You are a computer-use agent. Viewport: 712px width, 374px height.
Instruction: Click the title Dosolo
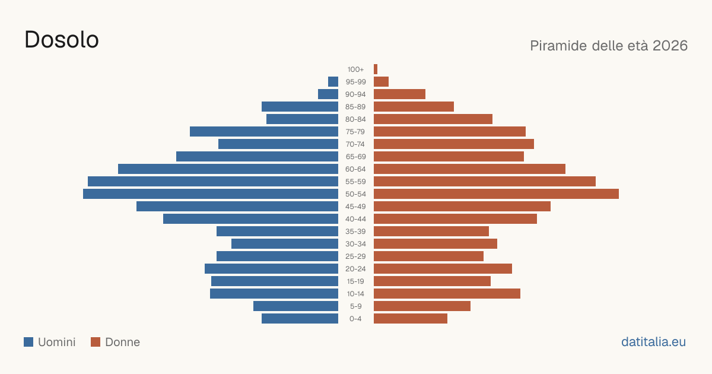[x=62, y=40]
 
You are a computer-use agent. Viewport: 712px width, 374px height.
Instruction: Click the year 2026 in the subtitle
[x=670, y=46]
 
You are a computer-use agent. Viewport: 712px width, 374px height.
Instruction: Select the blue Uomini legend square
[x=28, y=342]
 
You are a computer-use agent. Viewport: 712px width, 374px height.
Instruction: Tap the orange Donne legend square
[x=96, y=342]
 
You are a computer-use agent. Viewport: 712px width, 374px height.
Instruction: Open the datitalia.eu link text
[x=653, y=342]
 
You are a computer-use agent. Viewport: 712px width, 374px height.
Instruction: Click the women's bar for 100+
[x=376, y=69]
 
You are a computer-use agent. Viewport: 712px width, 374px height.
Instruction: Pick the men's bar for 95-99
[x=333, y=82]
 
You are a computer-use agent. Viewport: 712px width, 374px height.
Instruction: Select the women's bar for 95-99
[x=381, y=82]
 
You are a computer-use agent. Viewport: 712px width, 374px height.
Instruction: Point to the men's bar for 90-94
[x=328, y=94]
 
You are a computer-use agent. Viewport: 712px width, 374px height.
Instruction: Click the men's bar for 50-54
[x=211, y=194]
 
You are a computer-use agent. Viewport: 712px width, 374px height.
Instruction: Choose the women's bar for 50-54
[x=496, y=194]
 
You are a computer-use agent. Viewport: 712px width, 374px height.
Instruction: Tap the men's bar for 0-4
[x=300, y=319]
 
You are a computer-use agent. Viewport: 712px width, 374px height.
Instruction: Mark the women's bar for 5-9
[x=422, y=306]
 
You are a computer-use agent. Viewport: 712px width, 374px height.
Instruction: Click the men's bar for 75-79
[x=264, y=132]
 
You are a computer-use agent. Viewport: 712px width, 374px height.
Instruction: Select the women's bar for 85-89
[x=414, y=106]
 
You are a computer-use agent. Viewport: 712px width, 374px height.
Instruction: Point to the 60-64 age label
[x=355, y=169]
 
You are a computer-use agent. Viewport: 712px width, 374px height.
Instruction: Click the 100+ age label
[x=355, y=69]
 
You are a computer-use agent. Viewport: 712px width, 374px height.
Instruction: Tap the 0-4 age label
[x=355, y=319]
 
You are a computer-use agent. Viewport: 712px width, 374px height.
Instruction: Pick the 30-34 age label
[x=355, y=244]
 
